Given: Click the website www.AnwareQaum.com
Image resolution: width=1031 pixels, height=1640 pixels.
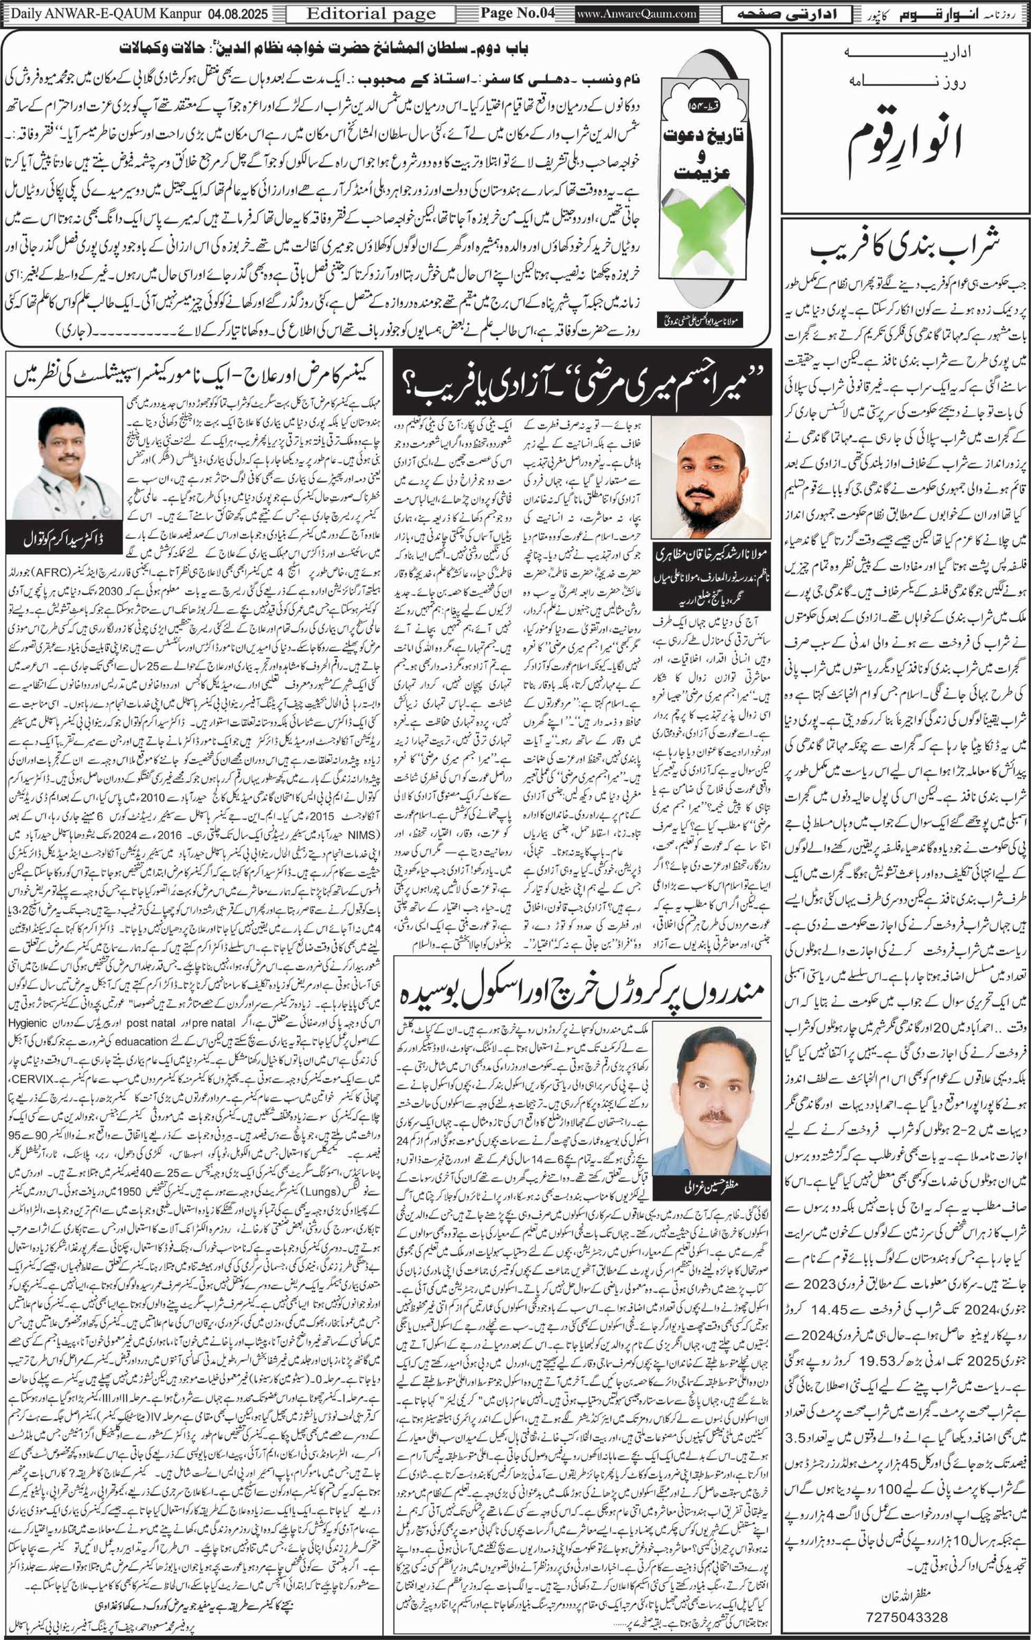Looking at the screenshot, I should click(636, 14).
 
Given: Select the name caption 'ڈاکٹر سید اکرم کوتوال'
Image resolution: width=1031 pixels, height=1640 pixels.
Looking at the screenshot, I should click(65, 540).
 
